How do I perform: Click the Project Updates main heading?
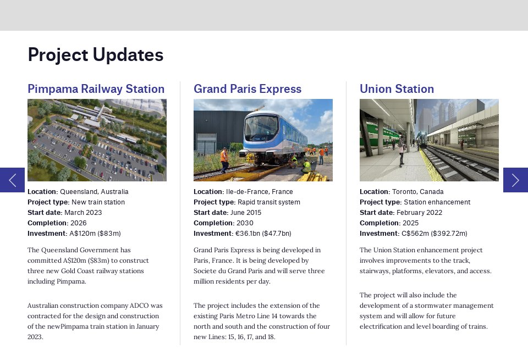pos(96,55)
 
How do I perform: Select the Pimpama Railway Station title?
pos(96,89)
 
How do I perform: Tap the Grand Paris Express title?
pos(248,89)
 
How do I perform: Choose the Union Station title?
pos(397,89)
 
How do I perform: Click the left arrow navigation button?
pos(12,180)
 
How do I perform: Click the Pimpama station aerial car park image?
pos(97,140)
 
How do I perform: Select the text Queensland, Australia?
pos(94,192)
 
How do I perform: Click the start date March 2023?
pos(83,213)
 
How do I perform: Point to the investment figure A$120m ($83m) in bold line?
pos(94,234)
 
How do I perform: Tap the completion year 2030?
pos(245,223)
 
